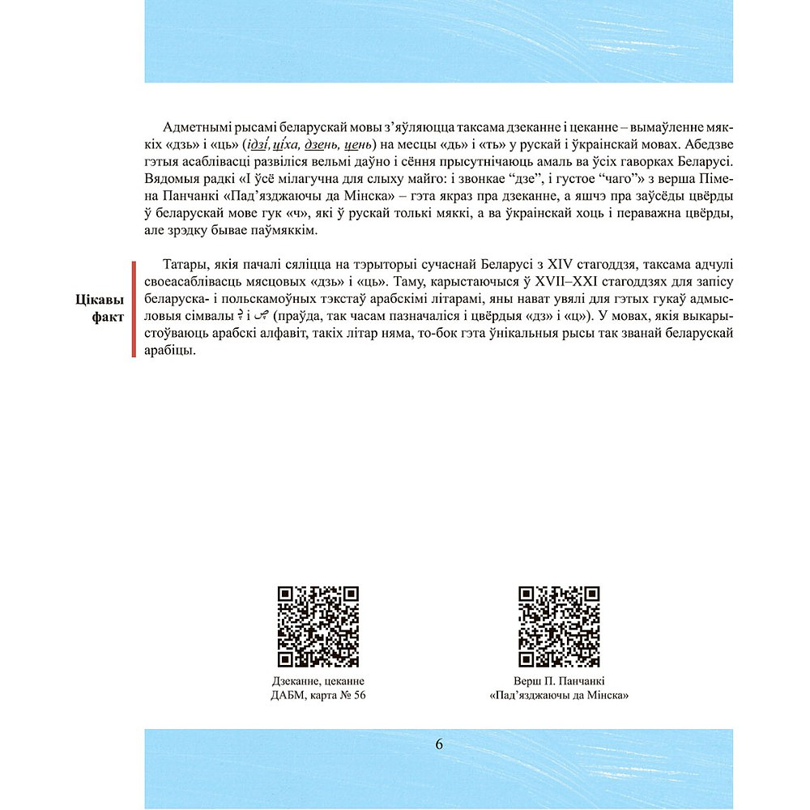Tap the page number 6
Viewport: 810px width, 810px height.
point(439,744)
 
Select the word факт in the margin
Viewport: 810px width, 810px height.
point(108,317)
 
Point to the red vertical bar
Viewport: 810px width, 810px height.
point(134,309)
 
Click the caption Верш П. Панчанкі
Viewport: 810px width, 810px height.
point(559,681)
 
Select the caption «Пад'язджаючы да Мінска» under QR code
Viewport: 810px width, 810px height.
point(559,696)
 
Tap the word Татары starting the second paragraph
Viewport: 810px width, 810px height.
point(185,265)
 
